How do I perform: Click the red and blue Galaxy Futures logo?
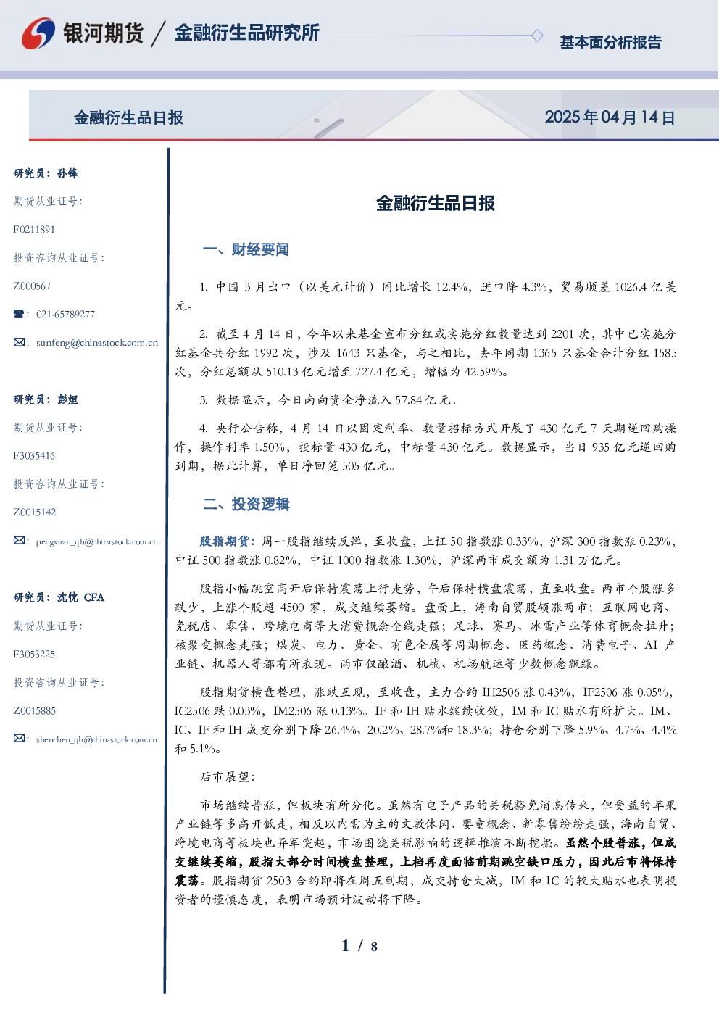pyautogui.click(x=38, y=33)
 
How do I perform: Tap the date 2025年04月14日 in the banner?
pyautogui.click(x=610, y=117)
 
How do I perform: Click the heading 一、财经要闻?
pyautogui.click(x=246, y=249)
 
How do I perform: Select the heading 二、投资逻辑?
pyautogui.click(x=246, y=504)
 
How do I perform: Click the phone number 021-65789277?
pyautogui.click(x=66, y=314)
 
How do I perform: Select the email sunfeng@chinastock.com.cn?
pyautogui.click(x=97, y=342)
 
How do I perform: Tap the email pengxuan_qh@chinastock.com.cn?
pyautogui.click(x=97, y=541)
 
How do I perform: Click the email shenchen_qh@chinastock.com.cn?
pyautogui.click(x=96, y=739)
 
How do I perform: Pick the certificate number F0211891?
pyautogui.click(x=34, y=229)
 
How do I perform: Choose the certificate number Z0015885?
pyautogui.click(x=35, y=710)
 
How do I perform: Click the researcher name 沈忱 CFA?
pyautogui.click(x=80, y=597)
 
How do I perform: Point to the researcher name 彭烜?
pyautogui.click(x=67, y=399)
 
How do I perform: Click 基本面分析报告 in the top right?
pyautogui.click(x=610, y=42)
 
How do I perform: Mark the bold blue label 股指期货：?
pyautogui.click(x=228, y=541)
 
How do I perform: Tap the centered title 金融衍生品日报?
pyautogui.click(x=436, y=203)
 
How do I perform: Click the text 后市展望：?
pyautogui.click(x=228, y=777)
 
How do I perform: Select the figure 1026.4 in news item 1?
pyautogui.click(x=631, y=287)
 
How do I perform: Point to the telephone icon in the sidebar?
pyautogui.click(x=19, y=314)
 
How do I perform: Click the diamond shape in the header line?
pyautogui.click(x=537, y=36)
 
